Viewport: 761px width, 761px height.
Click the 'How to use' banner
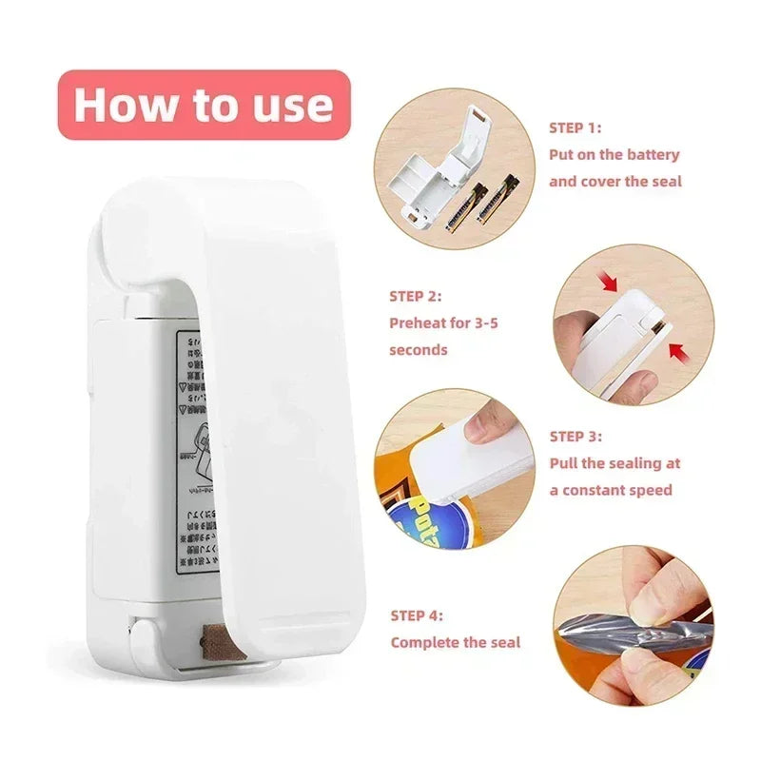coord(204,105)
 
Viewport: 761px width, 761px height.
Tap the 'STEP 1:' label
coord(575,127)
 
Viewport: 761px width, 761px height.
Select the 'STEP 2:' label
coord(416,296)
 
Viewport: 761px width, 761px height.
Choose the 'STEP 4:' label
coord(417,615)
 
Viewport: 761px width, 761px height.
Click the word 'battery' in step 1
coord(654,154)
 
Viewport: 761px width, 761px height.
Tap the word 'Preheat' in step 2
coord(419,322)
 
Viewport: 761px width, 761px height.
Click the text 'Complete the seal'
coord(456,642)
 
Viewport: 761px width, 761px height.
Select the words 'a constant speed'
coord(611,490)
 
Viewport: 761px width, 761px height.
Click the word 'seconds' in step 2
coord(418,349)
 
